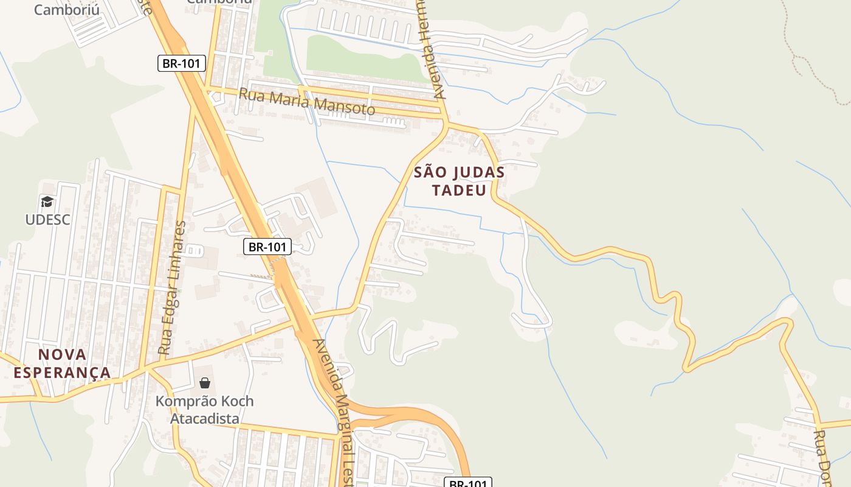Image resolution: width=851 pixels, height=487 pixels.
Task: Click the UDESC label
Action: point(47,220)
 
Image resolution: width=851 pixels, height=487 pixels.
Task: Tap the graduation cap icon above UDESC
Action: point(47,201)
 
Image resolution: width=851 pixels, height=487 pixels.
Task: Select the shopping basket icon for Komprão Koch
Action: point(205,383)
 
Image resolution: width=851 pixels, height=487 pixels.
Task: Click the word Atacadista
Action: point(204,419)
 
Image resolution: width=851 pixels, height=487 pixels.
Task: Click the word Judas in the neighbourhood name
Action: point(475,172)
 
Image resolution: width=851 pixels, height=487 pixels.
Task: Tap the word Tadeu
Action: point(459,191)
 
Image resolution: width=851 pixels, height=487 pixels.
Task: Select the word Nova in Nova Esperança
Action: point(63,354)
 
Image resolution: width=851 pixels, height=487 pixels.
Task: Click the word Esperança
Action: point(62,373)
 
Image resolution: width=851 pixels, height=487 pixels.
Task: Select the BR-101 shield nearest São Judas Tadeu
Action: point(267,247)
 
